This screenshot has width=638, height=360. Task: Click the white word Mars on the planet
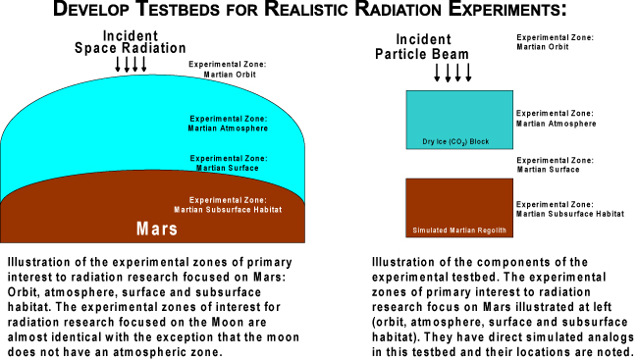[156, 231]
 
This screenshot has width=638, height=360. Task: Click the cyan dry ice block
[459, 118]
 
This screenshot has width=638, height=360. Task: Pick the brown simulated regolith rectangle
[459, 206]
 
